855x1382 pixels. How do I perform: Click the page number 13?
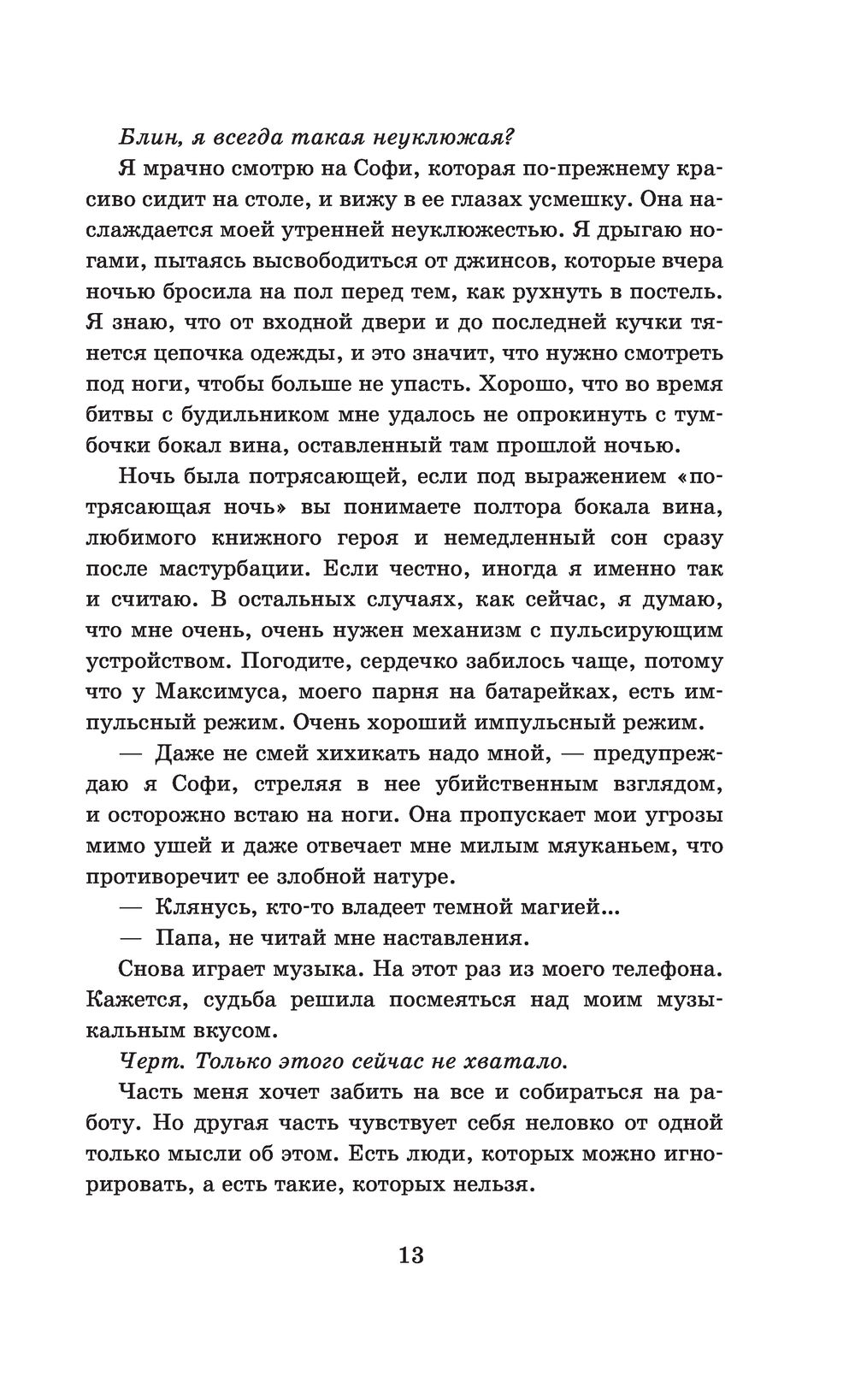point(410,1255)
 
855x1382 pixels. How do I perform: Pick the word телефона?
point(668,969)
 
